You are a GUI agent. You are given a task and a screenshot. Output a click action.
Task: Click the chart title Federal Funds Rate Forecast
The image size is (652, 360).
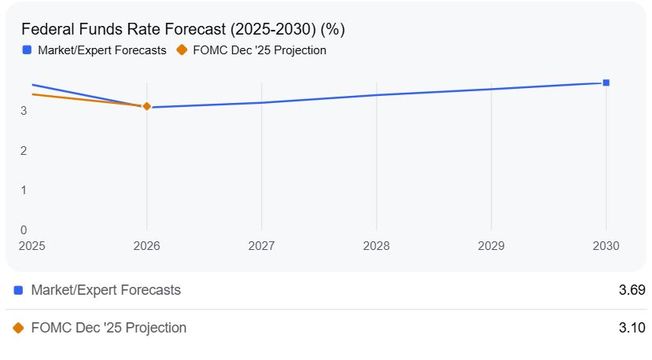coord(182,29)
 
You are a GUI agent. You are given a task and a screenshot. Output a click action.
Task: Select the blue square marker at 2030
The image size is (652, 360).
coord(606,83)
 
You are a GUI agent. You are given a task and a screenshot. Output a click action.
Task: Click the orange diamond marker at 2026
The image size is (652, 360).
coord(147,106)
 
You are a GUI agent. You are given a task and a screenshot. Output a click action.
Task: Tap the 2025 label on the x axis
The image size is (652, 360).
coord(32,246)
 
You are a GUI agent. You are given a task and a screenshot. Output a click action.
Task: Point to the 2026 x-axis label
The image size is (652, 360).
coord(147,246)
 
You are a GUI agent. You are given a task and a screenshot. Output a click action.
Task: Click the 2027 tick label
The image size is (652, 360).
coord(262,246)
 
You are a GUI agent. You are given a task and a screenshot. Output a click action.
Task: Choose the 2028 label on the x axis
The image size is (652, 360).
coord(377,246)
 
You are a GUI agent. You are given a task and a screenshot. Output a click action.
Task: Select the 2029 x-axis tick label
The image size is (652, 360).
coord(492,246)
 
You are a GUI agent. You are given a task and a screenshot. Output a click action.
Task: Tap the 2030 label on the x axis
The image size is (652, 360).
coord(606,246)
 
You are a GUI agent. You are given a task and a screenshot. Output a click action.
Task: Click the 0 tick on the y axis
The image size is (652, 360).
coord(24,230)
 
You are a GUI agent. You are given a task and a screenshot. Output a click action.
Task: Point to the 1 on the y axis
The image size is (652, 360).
coord(24,190)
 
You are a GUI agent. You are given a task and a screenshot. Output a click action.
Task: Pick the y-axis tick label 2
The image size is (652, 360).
coord(24,151)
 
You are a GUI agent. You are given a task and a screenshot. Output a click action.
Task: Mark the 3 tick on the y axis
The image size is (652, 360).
coord(24,111)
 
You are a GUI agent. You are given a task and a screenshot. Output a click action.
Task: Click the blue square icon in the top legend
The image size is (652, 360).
coord(27,50)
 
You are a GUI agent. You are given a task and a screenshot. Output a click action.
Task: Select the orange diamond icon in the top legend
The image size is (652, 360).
coord(182,50)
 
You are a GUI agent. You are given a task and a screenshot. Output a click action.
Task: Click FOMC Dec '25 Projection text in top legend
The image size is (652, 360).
coord(260,50)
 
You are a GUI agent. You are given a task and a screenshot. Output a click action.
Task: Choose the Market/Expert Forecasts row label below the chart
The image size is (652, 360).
coord(105,290)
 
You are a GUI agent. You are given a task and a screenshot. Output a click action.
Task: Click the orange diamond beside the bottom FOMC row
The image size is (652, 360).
coord(18,328)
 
